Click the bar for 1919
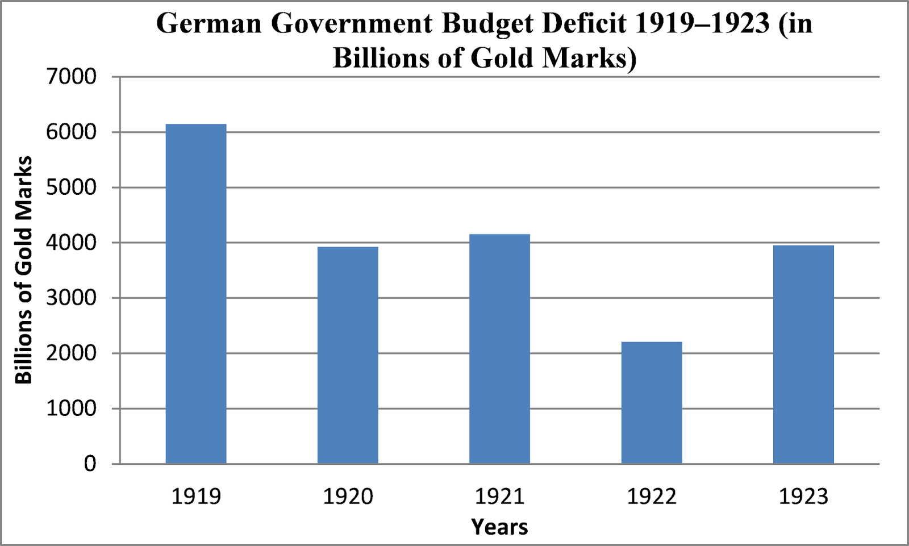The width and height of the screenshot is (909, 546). click(x=196, y=294)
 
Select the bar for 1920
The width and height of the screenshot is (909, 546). click(x=348, y=355)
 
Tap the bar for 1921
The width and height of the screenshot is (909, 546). click(x=499, y=349)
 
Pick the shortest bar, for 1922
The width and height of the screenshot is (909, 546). click(x=652, y=403)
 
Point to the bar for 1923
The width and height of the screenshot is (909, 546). click(x=803, y=355)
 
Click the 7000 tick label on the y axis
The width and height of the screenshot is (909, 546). click(x=72, y=77)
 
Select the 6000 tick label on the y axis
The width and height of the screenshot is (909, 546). click(x=72, y=132)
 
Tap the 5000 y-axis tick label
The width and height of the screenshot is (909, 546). click(x=72, y=187)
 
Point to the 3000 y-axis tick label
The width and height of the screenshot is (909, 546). click(x=72, y=298)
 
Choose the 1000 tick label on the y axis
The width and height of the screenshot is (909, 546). click(x=72, y=409)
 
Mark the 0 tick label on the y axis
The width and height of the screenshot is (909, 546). click(x=90, y=464)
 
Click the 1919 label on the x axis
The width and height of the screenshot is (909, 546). click(x=196, y=497)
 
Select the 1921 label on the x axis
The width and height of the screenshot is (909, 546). click(x=499, y=497)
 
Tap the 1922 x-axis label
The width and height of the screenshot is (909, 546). click(x=652, y=497)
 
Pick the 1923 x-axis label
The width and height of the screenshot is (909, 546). click(x=803, y=497)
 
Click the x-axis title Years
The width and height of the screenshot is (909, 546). click(x=499, y=527)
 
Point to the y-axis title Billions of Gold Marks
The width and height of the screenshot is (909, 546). click(x=24, y=270)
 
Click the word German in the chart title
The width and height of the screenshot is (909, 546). click(x=209, y=24)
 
